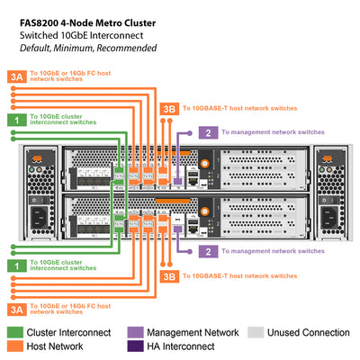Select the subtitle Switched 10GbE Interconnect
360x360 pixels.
(x=76, y=33)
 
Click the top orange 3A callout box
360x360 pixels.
(x=15, y=77)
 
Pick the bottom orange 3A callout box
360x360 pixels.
(x=15, y=309)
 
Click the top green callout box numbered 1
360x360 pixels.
(x=15, y=119)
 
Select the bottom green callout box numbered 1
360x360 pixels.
(x=15, y=266)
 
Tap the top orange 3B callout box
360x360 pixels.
(x=168, y=109)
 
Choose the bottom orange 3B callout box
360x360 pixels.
(x=168, y=276)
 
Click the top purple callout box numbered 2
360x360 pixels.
(x=208, y=132)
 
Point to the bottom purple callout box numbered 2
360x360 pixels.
(x=208, y=252)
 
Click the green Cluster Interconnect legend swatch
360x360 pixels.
(x=15, y=332)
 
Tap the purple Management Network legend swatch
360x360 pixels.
(x=136, y=332)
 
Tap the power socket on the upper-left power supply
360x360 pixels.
(x=39, y=168)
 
